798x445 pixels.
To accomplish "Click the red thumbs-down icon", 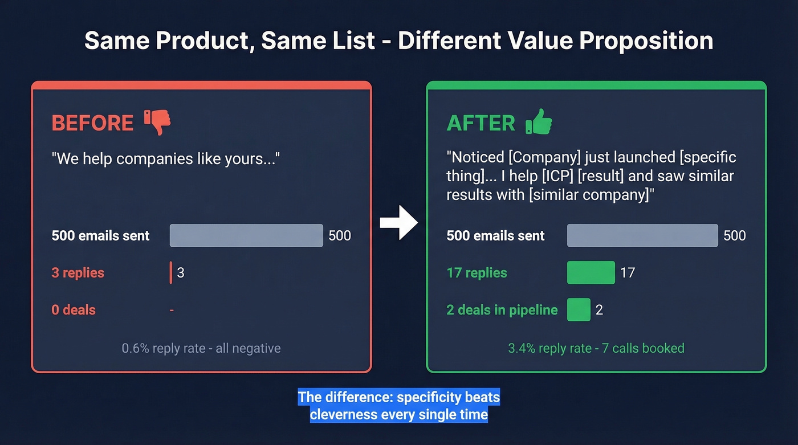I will pyautogui.click(x=157, y=122).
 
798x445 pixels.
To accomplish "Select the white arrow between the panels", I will pyautogui.click(x=399, y=223).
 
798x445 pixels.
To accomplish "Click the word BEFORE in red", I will pyautogui.click(x=92, y=123).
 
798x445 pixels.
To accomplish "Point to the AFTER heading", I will pyautogui.click(x=481, y=123).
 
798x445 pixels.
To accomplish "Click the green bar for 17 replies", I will pyautogui.click(x=591, y=272).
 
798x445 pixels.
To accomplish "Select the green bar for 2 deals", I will pyautogui.click(x=579, y=310).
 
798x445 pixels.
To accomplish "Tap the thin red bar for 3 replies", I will pyautogui.click(x=171, y=272).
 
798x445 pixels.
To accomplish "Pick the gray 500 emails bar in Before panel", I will pyautogui.click(x=246, y=235).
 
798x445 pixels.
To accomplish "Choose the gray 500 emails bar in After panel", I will pyautogui.click(x=642, y=235).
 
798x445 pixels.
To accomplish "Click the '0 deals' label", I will pyautogui.click(x=74, y=310).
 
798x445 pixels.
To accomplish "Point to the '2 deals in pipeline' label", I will pyautogui.click(x=502, y=310).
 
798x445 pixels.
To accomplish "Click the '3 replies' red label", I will pyautogui.click(x=78, y=272).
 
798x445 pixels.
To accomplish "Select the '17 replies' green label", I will pyautogui.click(x=477, y=272).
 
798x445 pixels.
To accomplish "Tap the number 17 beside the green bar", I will pyautogui.click(x=627, y=272).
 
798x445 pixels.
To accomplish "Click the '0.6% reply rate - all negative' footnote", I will pyautogui.click(x=201, y=348).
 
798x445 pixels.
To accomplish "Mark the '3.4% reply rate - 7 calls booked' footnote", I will pyautogui.click(x=596, y=348).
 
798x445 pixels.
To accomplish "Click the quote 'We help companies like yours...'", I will pyautogui.click(x=165, y=158).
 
